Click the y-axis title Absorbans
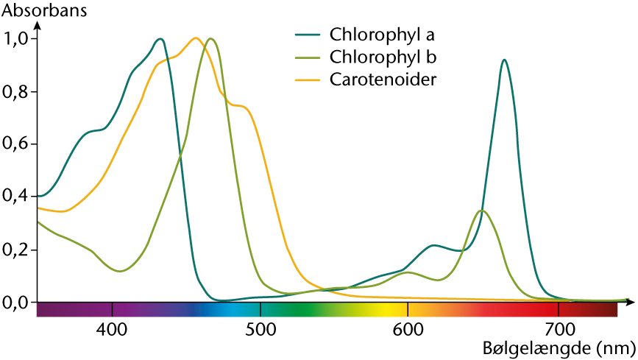(44, 10)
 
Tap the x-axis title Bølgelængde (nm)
(559, 349)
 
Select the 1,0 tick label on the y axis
(15, 40)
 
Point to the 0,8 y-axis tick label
(15, 92)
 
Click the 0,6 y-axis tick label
(15, 144)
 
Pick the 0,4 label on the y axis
(15, 197)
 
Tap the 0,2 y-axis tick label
(15, 250)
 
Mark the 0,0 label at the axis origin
(15, 303)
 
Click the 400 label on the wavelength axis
(112, 330)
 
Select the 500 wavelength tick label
(260, 330)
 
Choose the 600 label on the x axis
(408, 330)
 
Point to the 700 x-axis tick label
(559, 330)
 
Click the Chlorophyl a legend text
(382, 35)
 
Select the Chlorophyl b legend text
(383, 57)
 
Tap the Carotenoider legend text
(383, 80)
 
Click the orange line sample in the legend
(309, 80)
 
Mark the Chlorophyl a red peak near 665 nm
(505, 60)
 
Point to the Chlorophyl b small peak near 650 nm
(482, 211)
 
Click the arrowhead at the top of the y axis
(38, 25)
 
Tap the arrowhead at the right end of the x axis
(630, 302)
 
